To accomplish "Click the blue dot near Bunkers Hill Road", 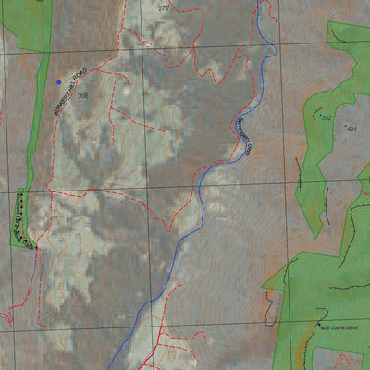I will click(x=59, y=81).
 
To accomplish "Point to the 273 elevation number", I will click(x=164, y=8).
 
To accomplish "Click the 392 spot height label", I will click(x=326, y=118).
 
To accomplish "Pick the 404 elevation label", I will click(x=351, y=129).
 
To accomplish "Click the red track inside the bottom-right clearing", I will click(x=342, y=356).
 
